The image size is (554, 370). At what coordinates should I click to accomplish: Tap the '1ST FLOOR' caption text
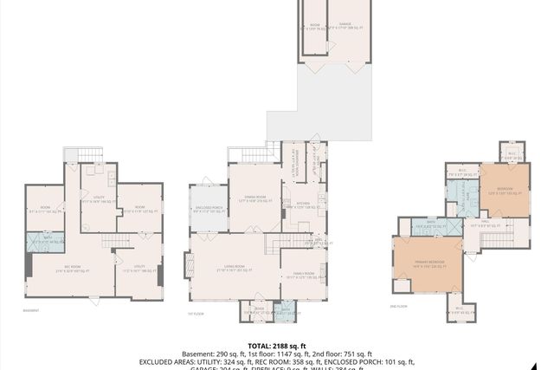click(x=196, y=314)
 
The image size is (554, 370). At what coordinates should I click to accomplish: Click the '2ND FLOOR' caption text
click(x=399, y=306)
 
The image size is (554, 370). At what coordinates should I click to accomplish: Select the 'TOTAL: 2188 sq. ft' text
click(x=276, y=345)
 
